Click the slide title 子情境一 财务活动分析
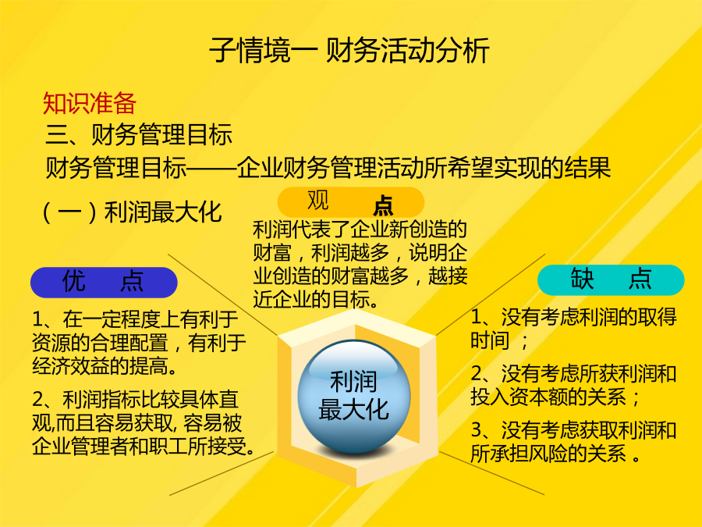(349, 50)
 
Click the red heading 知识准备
(90, 104)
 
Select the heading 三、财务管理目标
(140, 134)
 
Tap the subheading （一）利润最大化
(132, 212)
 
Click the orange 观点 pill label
(350, 202)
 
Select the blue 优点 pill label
(104, 283)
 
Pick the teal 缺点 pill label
(611, 280)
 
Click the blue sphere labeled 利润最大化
(353, 396)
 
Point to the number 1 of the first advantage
(37, 319)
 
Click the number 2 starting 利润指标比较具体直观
(38, 400)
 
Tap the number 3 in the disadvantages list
(477, 430)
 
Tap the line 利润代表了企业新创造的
(360, 230)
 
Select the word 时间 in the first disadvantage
(490, 340)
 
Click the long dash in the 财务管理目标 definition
(211, 168)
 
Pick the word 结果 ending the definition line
(587, 168)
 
